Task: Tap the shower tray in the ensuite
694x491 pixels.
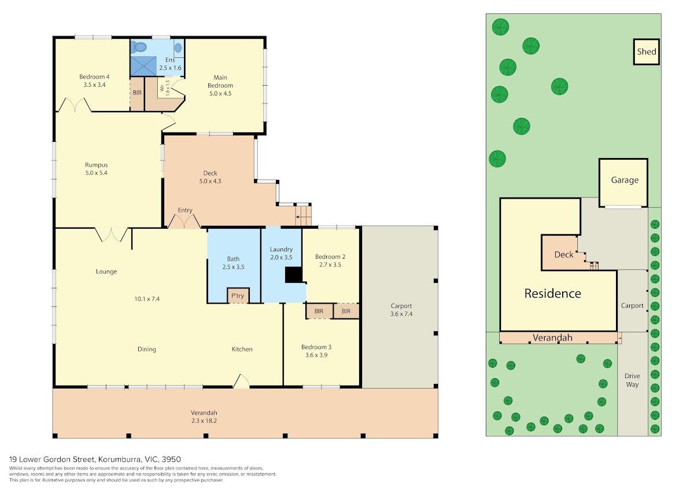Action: (x=143, y=66)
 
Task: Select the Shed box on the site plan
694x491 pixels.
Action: (x=647, y=52)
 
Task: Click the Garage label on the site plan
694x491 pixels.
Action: (x=625, y=180)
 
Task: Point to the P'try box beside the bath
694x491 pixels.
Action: (x=238, y=295)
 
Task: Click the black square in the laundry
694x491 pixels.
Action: (x=294, y=275)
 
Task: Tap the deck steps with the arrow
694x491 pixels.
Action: (x=303, y=215)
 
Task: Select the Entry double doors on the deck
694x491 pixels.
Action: (x=184, y=221)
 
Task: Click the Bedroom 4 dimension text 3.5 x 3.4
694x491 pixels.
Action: (x=94, y=85)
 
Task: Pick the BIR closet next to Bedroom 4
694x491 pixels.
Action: (x=137, y=94)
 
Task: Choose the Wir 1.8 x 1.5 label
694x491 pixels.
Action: (x=165, y=88)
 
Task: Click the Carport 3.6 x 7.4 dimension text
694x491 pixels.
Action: (x=401, y=314)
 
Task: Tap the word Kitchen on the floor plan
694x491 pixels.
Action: (x=242, y=349)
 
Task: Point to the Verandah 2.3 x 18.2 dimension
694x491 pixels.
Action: (x=204, y=421)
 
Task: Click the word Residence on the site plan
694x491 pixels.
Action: (x=552, y=294)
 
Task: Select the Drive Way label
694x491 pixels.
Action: (x=632, y=380)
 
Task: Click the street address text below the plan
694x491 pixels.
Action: (x=95, y=459)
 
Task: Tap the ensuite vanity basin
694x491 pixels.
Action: (x=178, y=47)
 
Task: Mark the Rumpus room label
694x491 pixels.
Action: (x=97, y=165)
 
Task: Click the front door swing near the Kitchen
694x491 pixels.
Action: (x=241, y=381)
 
